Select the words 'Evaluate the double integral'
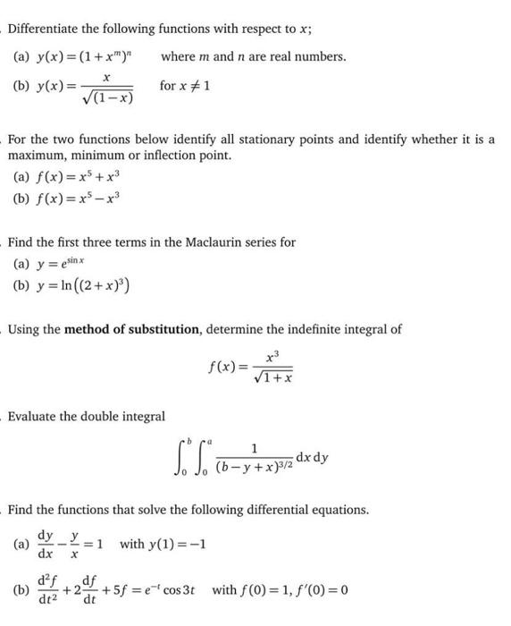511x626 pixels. click(x=87, y=416)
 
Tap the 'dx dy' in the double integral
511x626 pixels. click(x=310, y=457)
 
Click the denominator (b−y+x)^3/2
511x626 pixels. click(x=255, y=467)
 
